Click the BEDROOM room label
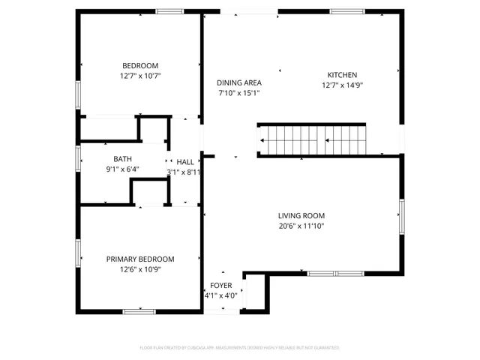pos(140,65)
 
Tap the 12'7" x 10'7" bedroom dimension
pos(140,76)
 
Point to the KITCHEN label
pos(341,74)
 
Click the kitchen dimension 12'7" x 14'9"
pos(341,85)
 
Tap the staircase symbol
pos(312,139)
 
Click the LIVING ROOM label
pos(301,214)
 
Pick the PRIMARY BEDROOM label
pos(140,259)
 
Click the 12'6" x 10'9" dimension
pos(140,269)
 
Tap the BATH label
pos(122,159)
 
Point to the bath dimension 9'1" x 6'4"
pos(122,169)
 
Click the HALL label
pos(184,162)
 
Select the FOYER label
pos(220,286)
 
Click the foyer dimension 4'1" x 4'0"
pos(220,295)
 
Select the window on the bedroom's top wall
pos(169,11)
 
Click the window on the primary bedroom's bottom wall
pos(139,310)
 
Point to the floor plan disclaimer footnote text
pos(240,348)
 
